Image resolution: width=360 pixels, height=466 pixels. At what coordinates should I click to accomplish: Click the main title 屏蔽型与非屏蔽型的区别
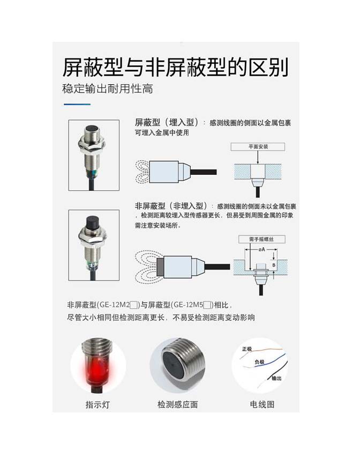176,67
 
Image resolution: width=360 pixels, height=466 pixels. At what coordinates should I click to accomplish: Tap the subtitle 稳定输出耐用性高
108,88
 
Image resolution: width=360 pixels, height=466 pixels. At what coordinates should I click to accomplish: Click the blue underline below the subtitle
77,105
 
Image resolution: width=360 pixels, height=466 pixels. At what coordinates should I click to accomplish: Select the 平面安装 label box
258,146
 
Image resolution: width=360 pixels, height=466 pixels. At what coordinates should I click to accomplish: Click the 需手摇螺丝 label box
262,239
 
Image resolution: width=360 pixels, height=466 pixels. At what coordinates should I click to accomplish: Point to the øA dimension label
261,249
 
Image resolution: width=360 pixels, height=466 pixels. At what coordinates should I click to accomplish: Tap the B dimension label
274,265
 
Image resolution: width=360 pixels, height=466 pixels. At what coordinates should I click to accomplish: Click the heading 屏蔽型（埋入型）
167,122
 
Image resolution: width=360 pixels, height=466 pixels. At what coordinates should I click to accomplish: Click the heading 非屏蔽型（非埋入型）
171,206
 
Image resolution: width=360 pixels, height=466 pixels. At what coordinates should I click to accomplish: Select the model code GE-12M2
115,305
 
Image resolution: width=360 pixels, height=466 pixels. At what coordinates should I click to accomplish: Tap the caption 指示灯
97,404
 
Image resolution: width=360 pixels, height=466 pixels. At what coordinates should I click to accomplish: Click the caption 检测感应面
177,404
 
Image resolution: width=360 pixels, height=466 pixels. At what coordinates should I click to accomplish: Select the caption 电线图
262,404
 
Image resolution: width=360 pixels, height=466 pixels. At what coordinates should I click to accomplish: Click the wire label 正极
247,349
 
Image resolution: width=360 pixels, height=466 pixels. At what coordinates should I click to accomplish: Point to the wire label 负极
259,361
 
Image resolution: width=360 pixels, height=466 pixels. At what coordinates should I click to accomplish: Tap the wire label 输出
276,378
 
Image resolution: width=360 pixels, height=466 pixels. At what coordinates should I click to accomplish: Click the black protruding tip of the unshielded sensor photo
92,222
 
